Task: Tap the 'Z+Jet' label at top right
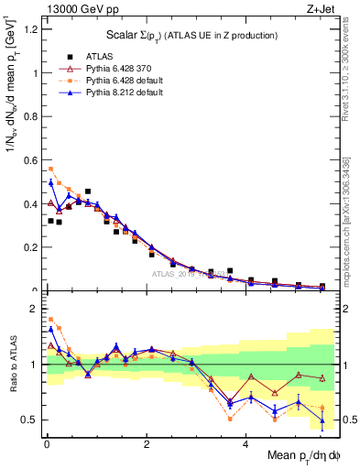[x=317, y=8]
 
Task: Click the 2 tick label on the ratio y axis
[x=33, y=308]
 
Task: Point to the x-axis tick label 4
[x=245, y=443]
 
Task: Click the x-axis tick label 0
[x=46, y=443]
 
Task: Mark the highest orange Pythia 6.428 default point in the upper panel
[x=50, y=169]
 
